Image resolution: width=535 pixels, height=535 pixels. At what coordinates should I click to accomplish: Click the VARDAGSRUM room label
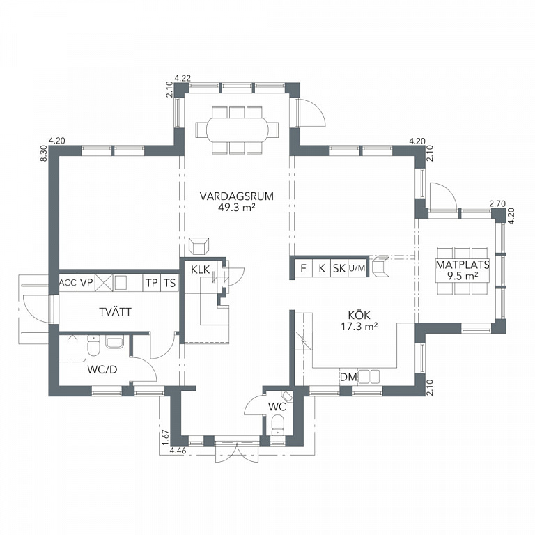236,196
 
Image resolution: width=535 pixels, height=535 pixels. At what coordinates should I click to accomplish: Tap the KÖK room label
359,315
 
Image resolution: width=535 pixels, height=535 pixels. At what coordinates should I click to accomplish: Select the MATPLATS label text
463,265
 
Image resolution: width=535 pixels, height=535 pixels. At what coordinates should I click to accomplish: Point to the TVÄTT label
115,311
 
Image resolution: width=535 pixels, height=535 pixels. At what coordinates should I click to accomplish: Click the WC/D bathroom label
102,369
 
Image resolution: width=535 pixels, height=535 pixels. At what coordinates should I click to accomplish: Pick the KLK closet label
201,270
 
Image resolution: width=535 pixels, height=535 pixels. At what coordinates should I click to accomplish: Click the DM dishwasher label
348,377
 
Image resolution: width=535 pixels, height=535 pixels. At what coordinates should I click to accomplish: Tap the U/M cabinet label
357,268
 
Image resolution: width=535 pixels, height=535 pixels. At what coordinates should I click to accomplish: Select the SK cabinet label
339,268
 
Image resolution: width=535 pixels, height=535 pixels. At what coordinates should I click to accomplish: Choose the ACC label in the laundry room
68,283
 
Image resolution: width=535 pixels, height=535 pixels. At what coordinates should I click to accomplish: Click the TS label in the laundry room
169,283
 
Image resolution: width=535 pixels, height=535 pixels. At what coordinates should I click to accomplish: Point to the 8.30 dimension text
44,153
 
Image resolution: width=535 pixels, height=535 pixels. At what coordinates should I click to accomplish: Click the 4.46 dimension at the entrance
178,451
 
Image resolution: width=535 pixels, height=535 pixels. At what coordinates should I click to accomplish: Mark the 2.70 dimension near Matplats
497,203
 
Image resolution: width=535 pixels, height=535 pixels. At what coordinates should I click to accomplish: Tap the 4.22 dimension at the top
183,78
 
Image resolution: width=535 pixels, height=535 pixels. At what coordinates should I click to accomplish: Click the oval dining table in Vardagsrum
237,130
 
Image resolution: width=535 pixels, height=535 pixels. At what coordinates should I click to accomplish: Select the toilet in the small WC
279,425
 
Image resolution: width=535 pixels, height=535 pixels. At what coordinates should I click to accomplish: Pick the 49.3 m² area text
236,207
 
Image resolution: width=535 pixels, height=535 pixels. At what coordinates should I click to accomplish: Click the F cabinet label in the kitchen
303,268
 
